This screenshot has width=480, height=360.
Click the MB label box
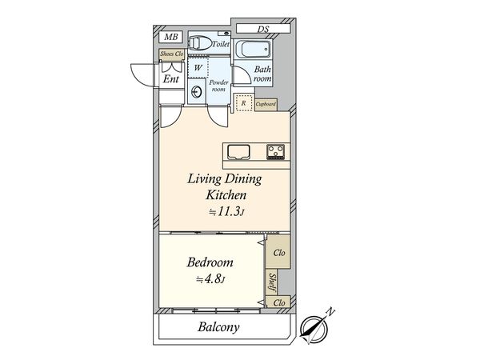pyautogui.click(x=170, y=38)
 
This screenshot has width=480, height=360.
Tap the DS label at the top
pyautogui.click(x=263, y=30)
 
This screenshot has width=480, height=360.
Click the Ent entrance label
pyautogui.click(x=171, y=78)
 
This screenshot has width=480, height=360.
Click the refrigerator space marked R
pyautogui.click(x=243, y=102)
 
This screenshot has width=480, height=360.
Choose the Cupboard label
pyautogui.click(x=266, y=104)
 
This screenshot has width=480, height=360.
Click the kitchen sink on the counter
pyautogui.click(x=239, y=150)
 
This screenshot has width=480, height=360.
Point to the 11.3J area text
pyautogui.click(x=227, y=211)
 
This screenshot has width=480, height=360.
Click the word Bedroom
pyautogui.click(x=210, y=262)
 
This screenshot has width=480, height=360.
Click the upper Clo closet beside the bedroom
pyautogui.click(x=278, y=254)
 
